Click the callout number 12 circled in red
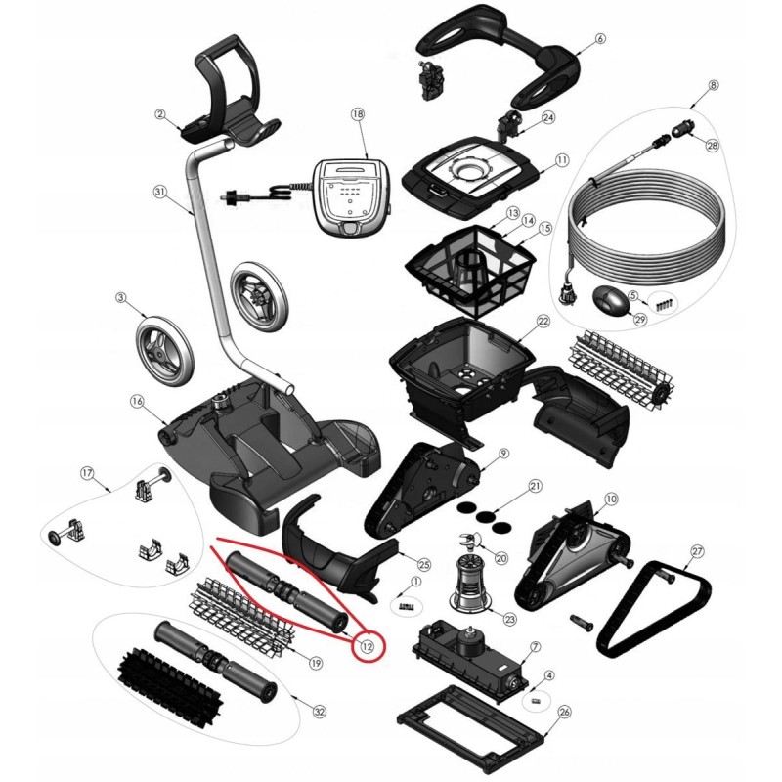368,647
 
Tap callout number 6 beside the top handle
600,38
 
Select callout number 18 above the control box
358,114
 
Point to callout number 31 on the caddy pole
159,192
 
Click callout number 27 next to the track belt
697,551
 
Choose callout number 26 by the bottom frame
565,712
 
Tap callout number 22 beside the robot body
543,321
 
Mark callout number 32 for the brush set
320,712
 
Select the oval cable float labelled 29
609,302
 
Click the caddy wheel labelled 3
163,352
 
